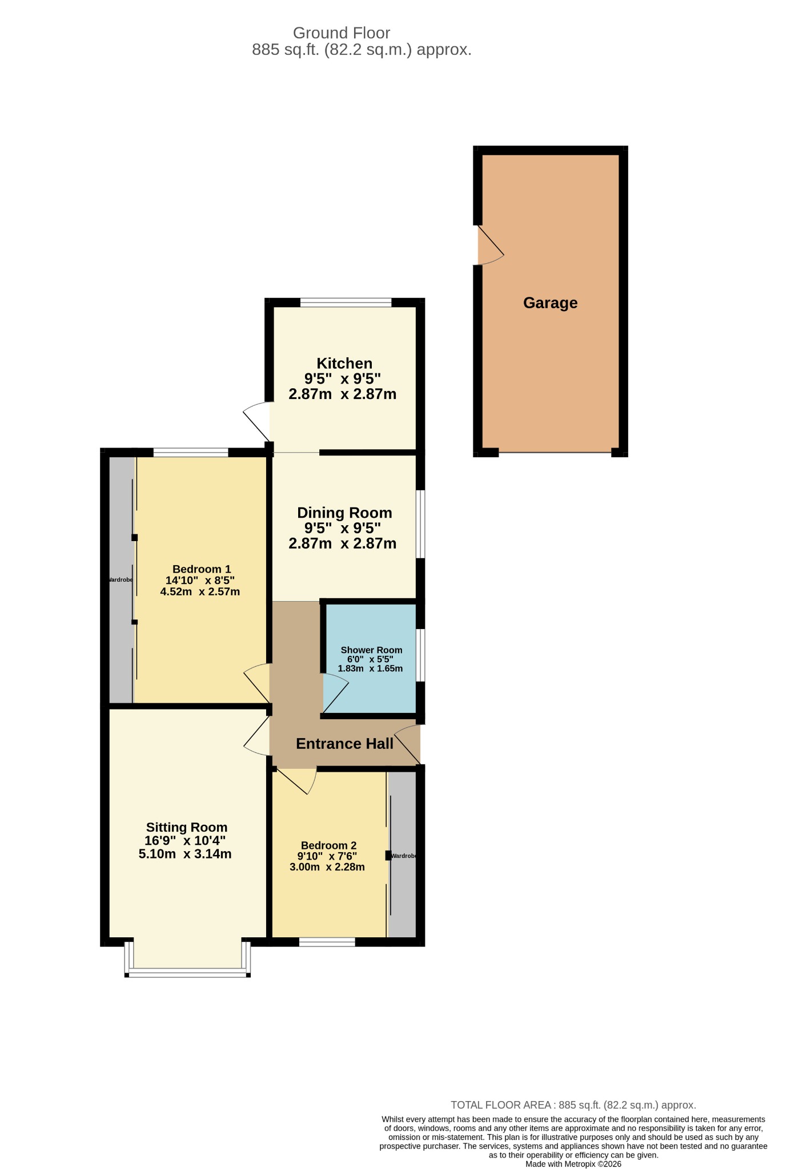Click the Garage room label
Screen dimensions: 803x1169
click(x=550, y=303)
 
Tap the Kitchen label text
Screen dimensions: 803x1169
click(x=344, y=363)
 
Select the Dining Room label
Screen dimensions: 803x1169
click(x=344, y=513)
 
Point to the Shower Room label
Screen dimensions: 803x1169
click(x=371, y=650)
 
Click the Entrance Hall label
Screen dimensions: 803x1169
click(x=344, y=743)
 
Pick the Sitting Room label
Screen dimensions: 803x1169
click(x=187, y=827)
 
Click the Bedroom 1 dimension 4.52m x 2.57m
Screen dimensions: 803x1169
click(x=200, y=591)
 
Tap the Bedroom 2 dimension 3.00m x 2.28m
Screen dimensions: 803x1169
click(x=327, y=866)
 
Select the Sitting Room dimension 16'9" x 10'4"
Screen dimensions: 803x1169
click(x=185, y=840)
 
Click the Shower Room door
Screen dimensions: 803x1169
click(x=336, y=694)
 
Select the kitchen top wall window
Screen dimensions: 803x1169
click(x=346, y=303)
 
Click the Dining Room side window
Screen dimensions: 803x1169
click(x=420, y=523)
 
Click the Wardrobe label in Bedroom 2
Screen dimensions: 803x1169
click(x=403, y=856)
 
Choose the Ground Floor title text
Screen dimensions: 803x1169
click(x=342, y=33)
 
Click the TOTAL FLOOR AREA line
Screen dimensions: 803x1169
click(x=573, y=1105)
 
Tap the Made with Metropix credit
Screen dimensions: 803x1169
click(x=573, y=1164)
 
